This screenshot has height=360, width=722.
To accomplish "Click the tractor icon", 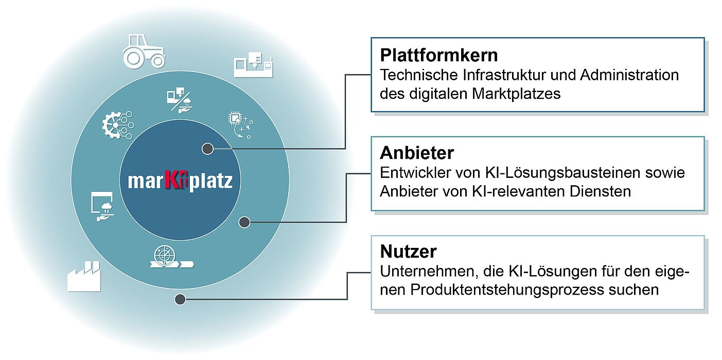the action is pyautogui.click(x=144, y=51).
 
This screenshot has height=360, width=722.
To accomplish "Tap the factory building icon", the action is pyautogui.click(x=84, y=276).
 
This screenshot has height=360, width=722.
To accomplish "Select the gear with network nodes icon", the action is pyautogui.click(x=118, y=125).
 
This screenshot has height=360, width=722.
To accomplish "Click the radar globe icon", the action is pyautogui.click(x=171, y=257).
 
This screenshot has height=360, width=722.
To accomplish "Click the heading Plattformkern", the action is pyautogui.click(x=438, y=55).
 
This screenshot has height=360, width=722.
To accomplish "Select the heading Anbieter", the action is pyautogui.click(x=417, y=153).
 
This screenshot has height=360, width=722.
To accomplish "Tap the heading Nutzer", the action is pyautogui.click(x=409, y=251).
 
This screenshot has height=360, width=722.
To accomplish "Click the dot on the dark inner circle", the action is pyautogui.click(x=207, y=149).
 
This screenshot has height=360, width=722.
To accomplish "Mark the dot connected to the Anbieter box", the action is pyautogui.click(x=244, y=222).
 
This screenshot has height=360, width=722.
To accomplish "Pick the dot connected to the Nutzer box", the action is pyautogui.click(x=180, y=299).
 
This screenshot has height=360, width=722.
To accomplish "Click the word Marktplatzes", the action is pyautogui.click(x=516, y=94).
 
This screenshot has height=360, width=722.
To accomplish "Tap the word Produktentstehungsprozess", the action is pyautogui.click(x=507, y=290).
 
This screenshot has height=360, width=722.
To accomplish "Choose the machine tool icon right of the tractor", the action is pyautogui.click(x=253, y=64).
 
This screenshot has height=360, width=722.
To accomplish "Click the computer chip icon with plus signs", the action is pyautogui.click(x=240, y=125).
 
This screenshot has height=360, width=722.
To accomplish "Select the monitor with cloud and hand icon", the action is pyautogui.click(x=102, y=206).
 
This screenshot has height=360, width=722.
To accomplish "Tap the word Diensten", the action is pyautogui.click(x=600, y=192).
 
